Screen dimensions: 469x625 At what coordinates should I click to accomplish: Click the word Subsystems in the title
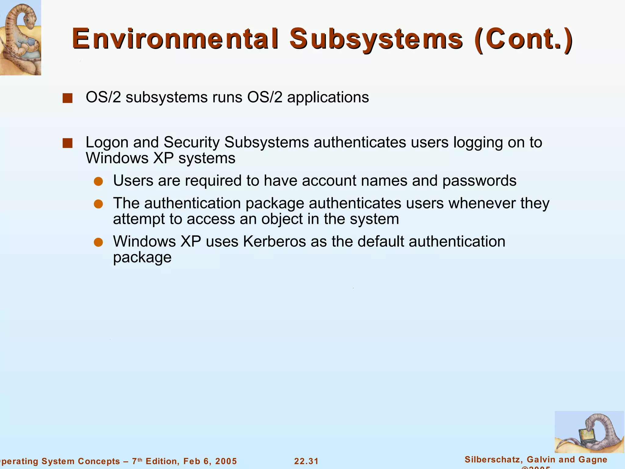pos(376,39)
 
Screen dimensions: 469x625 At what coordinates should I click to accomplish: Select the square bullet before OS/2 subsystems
pos(67,98)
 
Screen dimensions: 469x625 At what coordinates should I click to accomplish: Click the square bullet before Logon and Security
pos(67,143)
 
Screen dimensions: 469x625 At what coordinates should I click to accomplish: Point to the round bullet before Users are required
pos(98,182)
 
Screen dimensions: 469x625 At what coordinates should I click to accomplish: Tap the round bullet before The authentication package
pos(98,204)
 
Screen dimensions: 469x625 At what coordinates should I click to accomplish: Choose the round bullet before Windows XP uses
pos(98,242)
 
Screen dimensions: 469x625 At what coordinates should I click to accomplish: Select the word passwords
pos(479,181)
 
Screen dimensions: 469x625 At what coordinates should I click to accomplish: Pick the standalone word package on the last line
pos(142,257)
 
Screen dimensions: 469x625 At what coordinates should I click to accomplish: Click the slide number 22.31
pos(306,461)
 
